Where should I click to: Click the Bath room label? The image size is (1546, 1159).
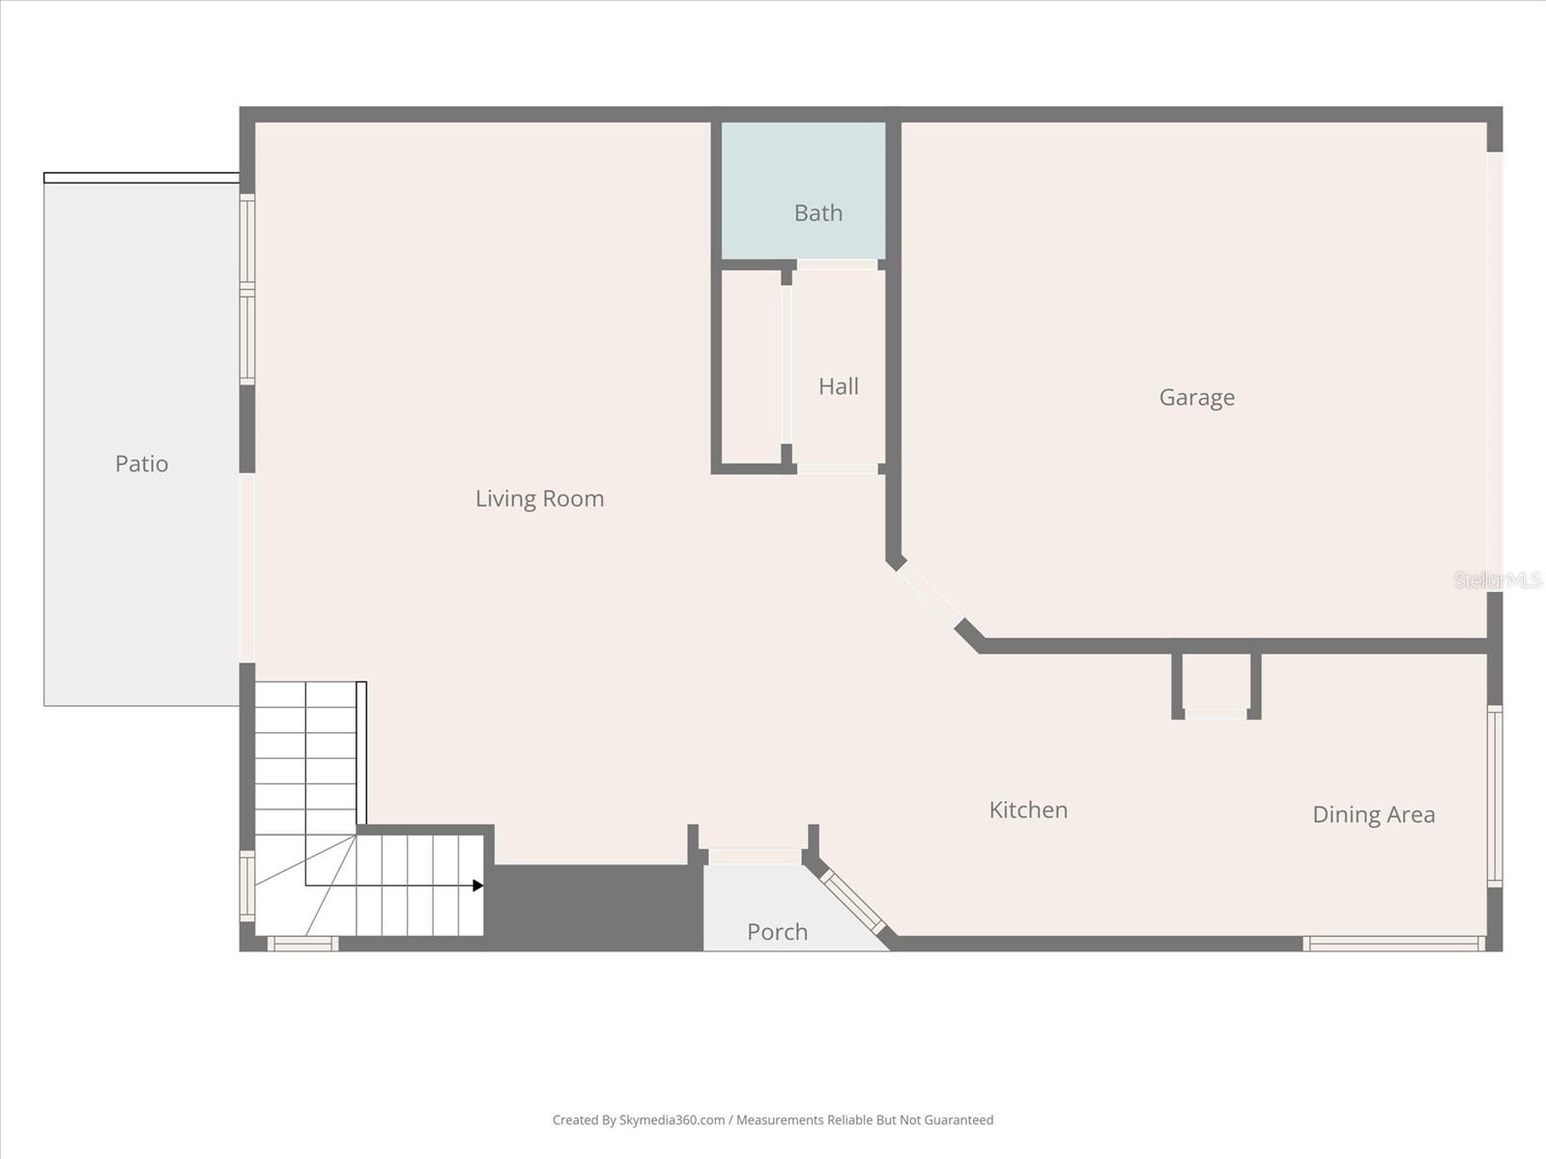tap(818, 212)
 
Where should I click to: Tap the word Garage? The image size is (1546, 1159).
tap(1196, 398)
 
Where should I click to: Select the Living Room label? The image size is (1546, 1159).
tap(539, 498)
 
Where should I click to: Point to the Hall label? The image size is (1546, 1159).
tap(838, 386)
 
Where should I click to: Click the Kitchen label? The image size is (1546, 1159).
tap(1028, 809)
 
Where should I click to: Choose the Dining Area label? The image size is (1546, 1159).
tap(1373, 814)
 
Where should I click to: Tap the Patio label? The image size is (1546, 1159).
tap(141, 464)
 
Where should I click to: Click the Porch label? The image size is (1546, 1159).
tap(777, 932)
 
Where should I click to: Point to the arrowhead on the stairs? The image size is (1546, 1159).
tap(477, 886)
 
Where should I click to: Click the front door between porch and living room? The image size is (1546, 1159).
tap(755, 856)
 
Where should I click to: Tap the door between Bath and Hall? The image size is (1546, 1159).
tap(837, 265)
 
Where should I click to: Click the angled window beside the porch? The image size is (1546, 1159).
tap(852, 900)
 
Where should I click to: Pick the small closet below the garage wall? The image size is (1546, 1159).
tap(1216, 686)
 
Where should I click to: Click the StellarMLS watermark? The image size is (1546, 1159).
tap(1498, 580)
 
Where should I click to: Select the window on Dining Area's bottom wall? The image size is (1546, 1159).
tap(1393, 943)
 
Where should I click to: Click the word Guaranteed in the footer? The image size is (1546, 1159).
tap(959, 1120)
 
